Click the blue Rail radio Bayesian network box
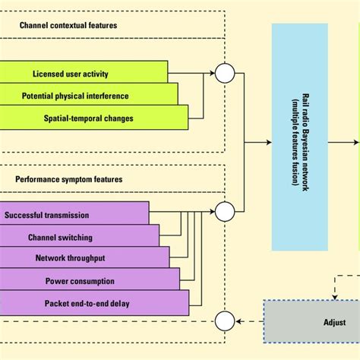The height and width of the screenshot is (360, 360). (299, 137)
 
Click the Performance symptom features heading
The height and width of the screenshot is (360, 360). (69, 180)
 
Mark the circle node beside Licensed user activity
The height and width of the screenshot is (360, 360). (225, 74)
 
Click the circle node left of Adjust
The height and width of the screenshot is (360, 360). (225, 321)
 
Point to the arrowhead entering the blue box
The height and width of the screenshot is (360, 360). (267, 141)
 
